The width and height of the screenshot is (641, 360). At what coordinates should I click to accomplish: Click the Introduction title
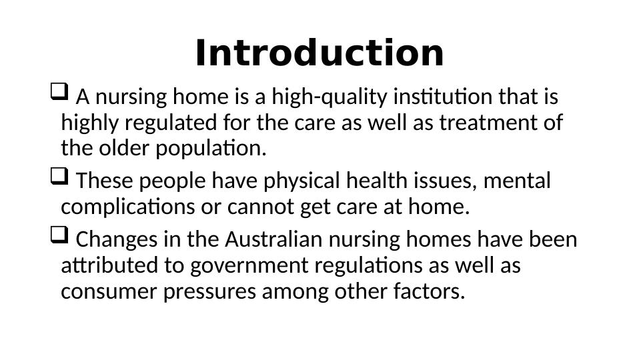pyautogui.click(x=319, y=53)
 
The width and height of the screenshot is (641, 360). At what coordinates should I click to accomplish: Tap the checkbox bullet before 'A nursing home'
pyautogui.click(x=58, y=92)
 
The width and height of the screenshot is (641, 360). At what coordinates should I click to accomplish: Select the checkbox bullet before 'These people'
pyautogui.click(x=58, y=177)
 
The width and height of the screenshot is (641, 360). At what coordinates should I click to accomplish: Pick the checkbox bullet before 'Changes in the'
pyautogui.click(x=58, y=235)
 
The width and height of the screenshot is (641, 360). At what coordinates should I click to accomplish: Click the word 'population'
pyautogui.click(x=210, y=149)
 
